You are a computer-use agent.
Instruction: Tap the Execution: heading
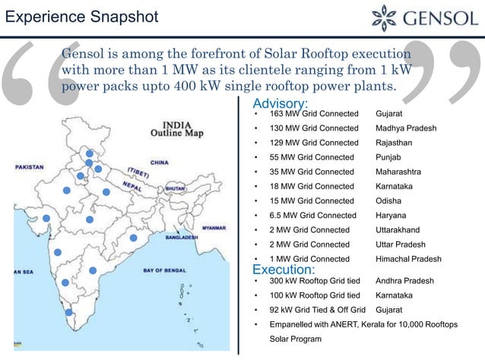283,270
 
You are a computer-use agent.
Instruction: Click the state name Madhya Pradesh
406,128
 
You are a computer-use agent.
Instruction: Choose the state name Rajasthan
397,143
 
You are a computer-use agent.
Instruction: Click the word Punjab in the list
390,157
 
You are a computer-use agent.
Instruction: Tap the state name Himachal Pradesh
408,259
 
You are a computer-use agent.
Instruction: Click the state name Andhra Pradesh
404,280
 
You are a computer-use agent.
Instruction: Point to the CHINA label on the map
160,162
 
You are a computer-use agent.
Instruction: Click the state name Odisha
388,200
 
